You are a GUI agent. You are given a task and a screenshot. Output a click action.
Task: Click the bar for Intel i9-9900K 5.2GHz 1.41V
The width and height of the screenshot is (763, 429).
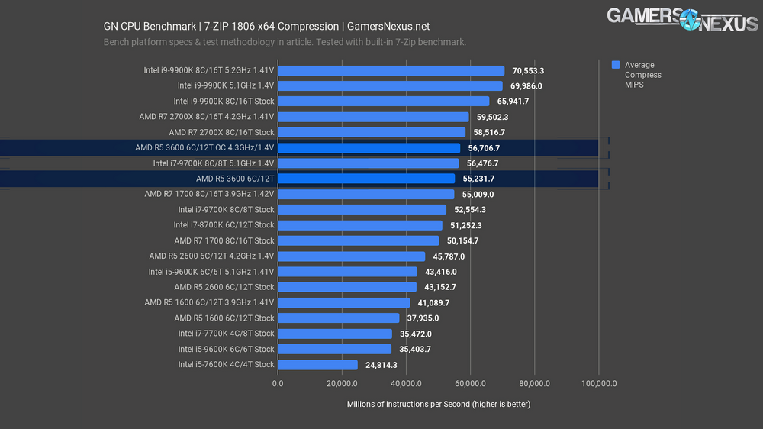[x=390, y=70]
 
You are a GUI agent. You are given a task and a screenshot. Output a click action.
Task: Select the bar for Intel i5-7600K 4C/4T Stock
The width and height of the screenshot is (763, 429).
[x=317, y=364]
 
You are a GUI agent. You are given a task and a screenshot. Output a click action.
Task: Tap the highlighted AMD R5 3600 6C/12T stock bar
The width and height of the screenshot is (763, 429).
[x=365, y=179]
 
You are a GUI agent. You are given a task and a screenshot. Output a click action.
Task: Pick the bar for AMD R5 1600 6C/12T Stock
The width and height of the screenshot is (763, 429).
[x=337, y=318]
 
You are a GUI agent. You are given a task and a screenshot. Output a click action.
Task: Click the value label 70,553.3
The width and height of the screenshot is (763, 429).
[x=528, y=70]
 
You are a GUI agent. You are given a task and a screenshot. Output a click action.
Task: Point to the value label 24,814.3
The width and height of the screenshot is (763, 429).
[x=381, y=365]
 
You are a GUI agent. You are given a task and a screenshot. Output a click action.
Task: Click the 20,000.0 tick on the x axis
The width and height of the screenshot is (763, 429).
[x=342, y=384]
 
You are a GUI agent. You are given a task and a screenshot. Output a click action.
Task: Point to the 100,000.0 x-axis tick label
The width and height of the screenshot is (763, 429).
[x=598, y=384]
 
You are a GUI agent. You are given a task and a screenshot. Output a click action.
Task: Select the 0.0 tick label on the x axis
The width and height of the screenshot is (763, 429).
[x=278, y=384]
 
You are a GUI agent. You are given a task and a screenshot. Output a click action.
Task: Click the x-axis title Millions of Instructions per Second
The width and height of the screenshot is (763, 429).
[x=438, y=404]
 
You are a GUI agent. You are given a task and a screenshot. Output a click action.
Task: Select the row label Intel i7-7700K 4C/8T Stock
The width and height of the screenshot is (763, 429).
[x=226, y=334]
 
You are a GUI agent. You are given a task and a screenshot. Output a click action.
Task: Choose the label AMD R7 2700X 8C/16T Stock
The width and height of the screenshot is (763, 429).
[x=221, y=132]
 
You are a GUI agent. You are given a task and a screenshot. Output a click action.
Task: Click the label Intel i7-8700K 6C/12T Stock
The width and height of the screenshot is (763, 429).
[x=224, y=225]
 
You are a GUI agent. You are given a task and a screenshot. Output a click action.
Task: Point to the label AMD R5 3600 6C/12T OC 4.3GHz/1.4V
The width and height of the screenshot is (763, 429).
[x=204, y=147]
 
